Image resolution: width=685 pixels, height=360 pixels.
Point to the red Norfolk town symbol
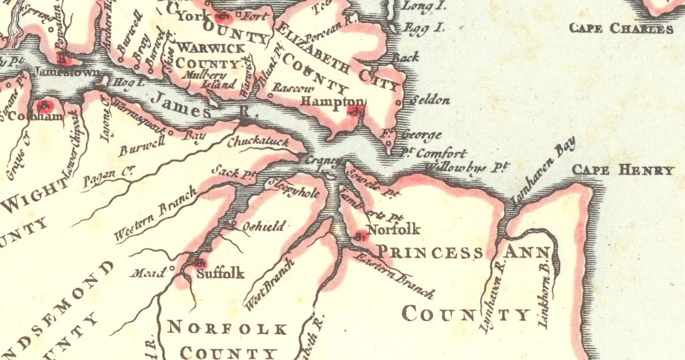tap(360, 237)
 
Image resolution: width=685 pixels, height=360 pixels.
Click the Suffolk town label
tap(220, 274)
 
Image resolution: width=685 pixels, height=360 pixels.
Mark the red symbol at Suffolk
tap(200, 263)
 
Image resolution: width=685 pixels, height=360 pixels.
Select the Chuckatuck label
tap(258, 142)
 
